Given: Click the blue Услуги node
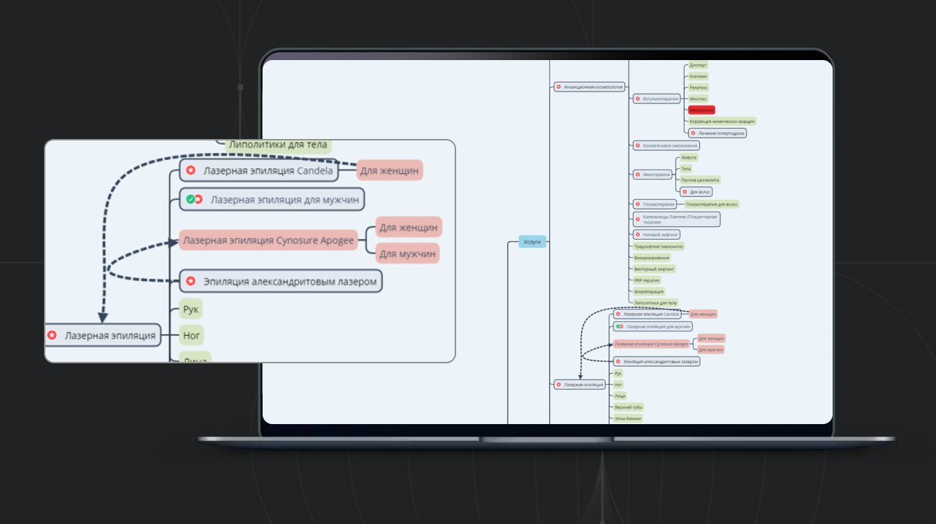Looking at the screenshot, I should [x=532, y=242].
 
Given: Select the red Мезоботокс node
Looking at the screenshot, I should [x=701, y=110].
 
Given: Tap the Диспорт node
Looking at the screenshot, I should [x=698, y=65].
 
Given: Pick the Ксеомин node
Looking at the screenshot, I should [x=699, y=76].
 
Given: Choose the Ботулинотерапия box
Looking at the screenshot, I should [x=657, y=99].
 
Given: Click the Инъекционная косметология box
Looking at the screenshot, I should [x=589, y=87].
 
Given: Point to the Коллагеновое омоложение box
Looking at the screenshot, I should [x=665, y=146].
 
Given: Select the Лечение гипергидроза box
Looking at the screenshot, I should [x=717, y=133].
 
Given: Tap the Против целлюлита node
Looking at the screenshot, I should [x=700, y=180].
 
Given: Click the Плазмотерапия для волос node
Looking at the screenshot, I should [x=712, y=204].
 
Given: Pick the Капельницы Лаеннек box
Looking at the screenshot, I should [x=675, y=219].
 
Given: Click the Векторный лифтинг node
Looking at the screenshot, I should [x=654, y=269].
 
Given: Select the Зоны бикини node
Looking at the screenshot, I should [x=628, y=418].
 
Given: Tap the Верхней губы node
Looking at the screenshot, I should [x=628, y=407].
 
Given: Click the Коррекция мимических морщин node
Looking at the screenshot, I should [x=722, y=121].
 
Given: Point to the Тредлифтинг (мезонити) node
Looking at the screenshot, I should [x=658, y=246].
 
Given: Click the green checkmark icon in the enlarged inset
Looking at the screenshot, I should [x=190, y=200].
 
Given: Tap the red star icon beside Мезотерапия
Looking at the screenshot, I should [x=637, y=174].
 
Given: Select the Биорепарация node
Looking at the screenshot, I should [x=649, y=291].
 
